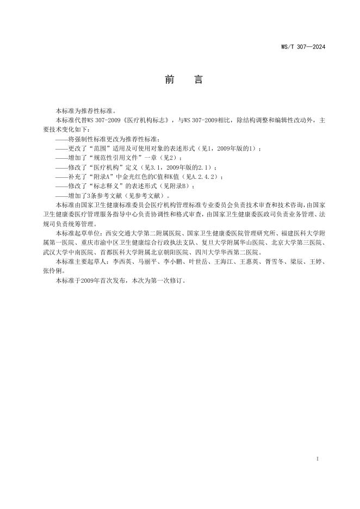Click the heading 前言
[x=184, y=80]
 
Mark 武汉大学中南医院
[x=69, y=252]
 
